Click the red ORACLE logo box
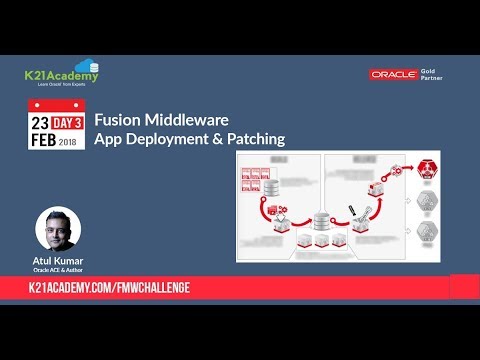(x=393, y=74)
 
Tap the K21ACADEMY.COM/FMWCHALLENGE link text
(x=109, y=288)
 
